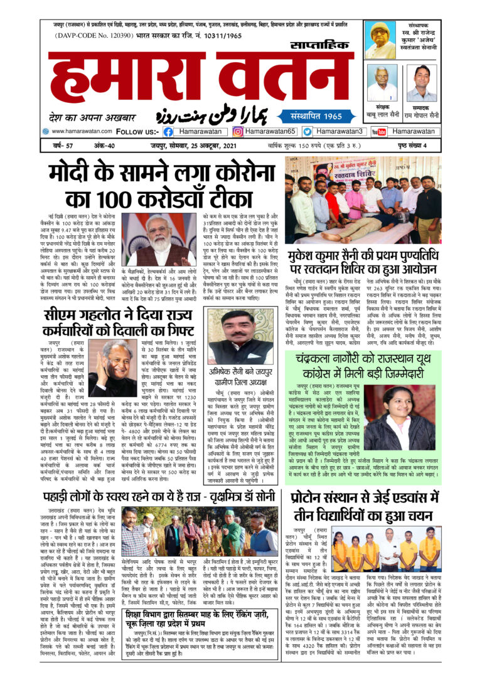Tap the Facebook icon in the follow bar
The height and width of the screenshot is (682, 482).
tap(168, 132)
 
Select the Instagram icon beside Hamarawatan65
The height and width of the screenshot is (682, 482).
tap(238, 132)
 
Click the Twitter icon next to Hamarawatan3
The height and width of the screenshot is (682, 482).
tap(307, 132)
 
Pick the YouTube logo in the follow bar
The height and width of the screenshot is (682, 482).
tap(378, 132)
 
